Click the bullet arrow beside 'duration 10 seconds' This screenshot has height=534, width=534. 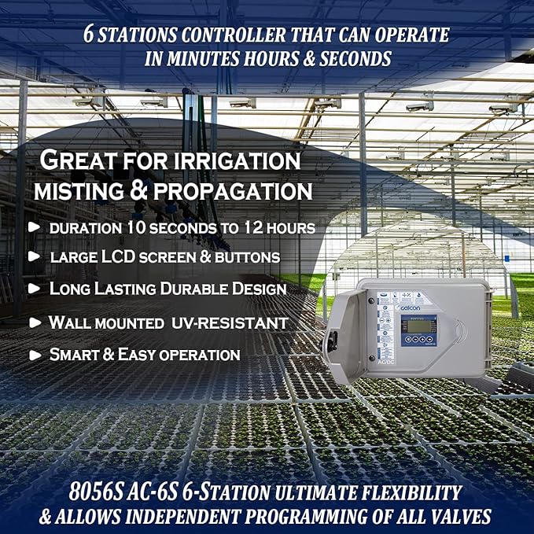pyautogui.click(x=34, y=227)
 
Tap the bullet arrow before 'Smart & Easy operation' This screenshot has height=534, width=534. pyautogui.click(x=34, y=355)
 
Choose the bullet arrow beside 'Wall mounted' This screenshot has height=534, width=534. pyautogui.click(x=34, y=322)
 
